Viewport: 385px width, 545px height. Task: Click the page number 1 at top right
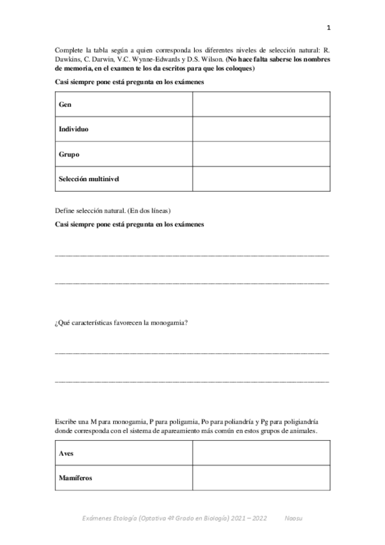[329, 28]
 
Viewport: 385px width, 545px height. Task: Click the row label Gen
[65, 104]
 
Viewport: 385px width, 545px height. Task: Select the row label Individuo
[73, 129]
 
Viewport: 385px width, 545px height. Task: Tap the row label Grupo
[69, 154]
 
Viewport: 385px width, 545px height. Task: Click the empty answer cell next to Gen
[261, 104]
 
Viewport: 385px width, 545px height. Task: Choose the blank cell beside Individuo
[261, 129]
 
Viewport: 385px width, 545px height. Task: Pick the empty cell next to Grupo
[261, 154]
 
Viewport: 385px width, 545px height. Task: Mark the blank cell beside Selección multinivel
[261, 179]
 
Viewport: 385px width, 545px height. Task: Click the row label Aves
[66, 453]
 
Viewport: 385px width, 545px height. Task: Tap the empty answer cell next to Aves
[261, 453]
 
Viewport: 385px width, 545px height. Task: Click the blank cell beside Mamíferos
[261, 478]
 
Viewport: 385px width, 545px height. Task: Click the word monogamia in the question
[169, 323]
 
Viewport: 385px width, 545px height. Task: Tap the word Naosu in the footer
[294, 517]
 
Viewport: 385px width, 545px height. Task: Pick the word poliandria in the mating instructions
[217, 420]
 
